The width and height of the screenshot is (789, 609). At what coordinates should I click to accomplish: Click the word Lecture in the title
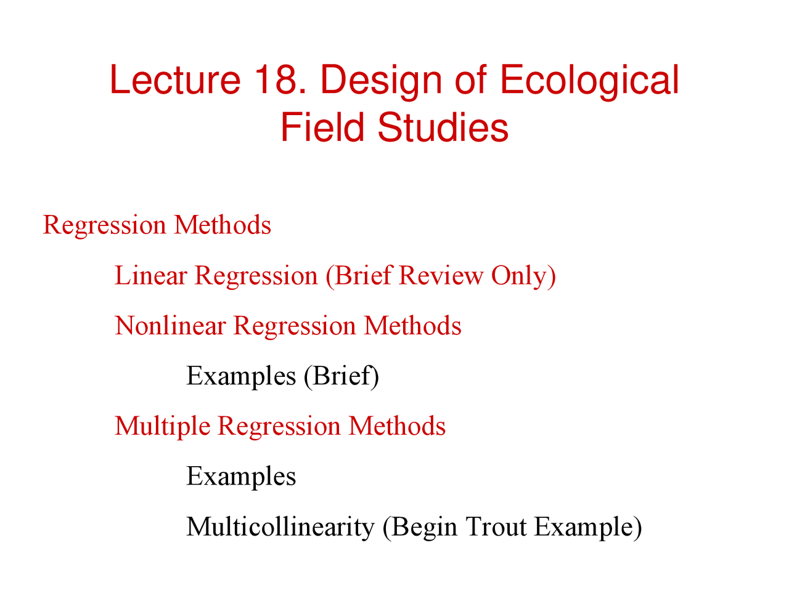point(174,80)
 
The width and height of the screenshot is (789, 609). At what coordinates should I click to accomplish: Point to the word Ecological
point(589,81)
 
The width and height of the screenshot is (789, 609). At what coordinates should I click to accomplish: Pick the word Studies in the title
point(443,128)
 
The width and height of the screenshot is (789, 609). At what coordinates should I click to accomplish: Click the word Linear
point(150,275)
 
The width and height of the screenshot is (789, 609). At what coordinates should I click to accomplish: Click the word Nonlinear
point(170,326)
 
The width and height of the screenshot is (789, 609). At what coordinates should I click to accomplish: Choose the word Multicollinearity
point(280,527)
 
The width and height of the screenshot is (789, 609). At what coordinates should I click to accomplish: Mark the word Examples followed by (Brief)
point(241,376)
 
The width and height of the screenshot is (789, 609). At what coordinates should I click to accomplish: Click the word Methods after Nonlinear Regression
point(412,326)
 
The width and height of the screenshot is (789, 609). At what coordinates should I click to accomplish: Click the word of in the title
point(472,80)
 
